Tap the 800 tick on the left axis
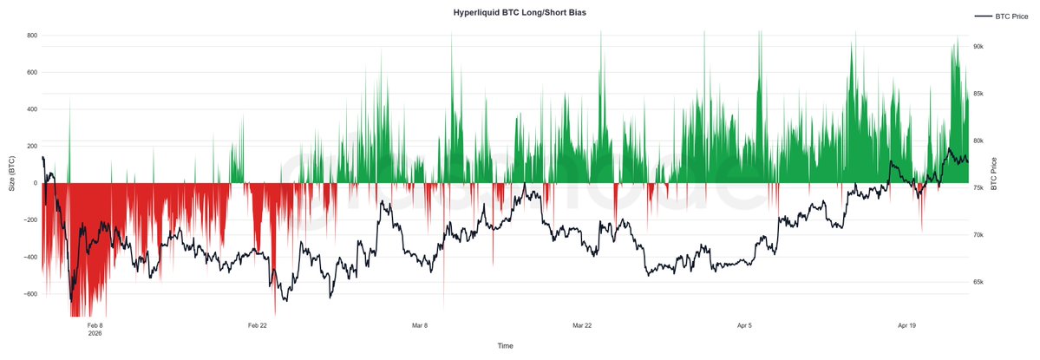tap(31, 36)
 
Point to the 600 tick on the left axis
tap(31, 72)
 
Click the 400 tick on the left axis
tap(31, 109)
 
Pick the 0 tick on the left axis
tap(36, 183)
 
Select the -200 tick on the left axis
tap(29, 220)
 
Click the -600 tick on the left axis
tap(29, 294)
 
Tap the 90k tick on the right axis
tap(977, 47)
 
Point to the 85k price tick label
tap(977, 94)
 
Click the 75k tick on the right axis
tap(977, 188)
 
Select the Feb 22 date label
tap(257, 325)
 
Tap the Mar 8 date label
tap(420, 325)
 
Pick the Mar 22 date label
tap(582, 325)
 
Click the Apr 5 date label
tap(744, 325)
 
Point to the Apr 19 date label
tap(906, 325)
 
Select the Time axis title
tap(505, 345)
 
